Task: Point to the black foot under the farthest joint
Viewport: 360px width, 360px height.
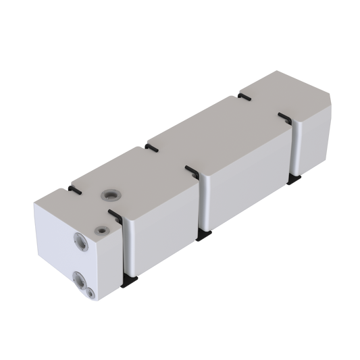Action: (294, 178)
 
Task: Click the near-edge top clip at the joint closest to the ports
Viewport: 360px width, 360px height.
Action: (115, 216)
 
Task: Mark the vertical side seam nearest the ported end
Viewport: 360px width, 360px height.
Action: (122, 250)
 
